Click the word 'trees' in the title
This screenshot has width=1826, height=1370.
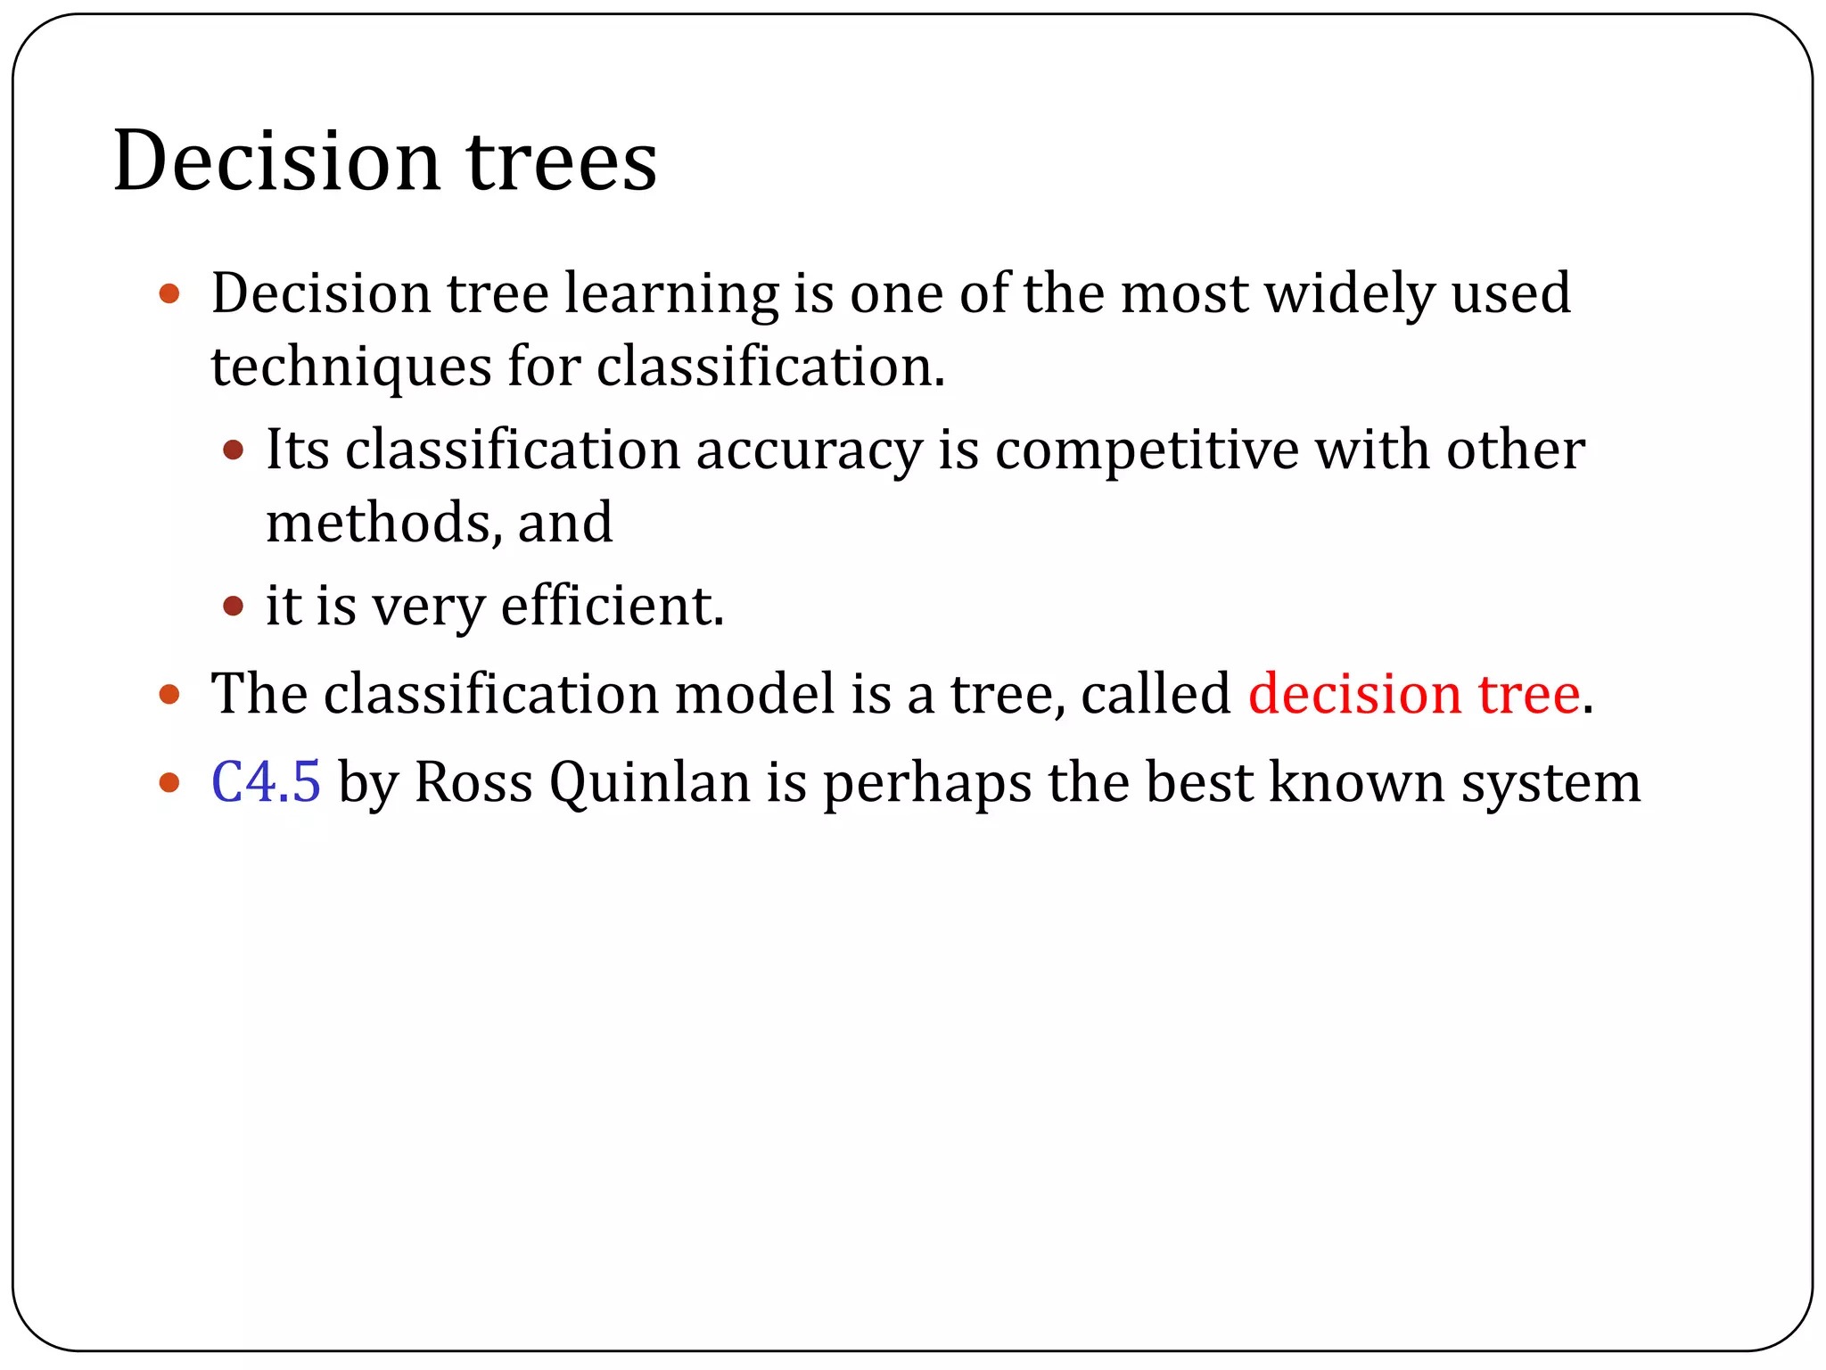click(x=562, y=162)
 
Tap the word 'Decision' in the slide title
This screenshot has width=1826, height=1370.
click(x=276, y=162)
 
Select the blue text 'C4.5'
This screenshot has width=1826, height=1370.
click(x=266, y=782)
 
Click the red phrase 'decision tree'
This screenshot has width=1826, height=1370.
click(x=1414, y=694)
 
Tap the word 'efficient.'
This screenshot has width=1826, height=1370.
click(x=613, y=607)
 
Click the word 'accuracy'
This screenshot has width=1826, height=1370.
click(x=809, y=450)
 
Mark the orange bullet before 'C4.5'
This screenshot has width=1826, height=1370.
click(x=169, y=783)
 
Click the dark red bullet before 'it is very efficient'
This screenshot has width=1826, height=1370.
click(x=233, y=607)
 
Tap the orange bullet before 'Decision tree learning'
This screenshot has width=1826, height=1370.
click(x=169, y=294)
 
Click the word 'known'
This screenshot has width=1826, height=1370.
click(x=1355, y=782)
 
